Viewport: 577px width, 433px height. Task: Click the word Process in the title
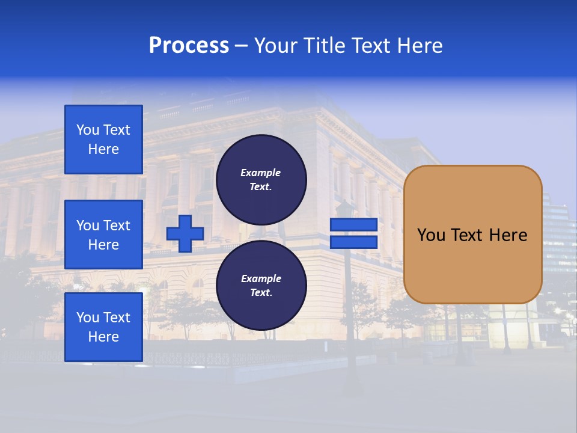tap(189, 46)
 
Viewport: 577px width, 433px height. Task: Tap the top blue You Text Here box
tap(103, 140)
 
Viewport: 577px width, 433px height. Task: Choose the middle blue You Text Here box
tap(103, 235)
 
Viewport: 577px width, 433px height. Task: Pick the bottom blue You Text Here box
tap(103, 327)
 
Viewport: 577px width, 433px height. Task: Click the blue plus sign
tap(185, 233)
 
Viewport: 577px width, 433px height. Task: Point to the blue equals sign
tap(353, 233)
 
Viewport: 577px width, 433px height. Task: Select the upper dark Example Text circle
tap(261, 179)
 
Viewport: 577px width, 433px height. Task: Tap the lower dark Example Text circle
tap(261, 285)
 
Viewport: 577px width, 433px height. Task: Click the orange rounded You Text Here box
tap(472, 235)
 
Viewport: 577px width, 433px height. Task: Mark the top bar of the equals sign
tap(353, 225)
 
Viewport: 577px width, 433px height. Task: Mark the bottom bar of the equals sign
tap(353, 242)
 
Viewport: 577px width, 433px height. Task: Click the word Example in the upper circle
tap(261, 173)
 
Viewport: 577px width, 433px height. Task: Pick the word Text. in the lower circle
tap(261, 293)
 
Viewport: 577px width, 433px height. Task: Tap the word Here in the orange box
tap(508, 235)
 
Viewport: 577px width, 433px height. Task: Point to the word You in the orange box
tap(431, 235)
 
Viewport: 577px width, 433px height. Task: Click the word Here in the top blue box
tap(103, 149)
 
